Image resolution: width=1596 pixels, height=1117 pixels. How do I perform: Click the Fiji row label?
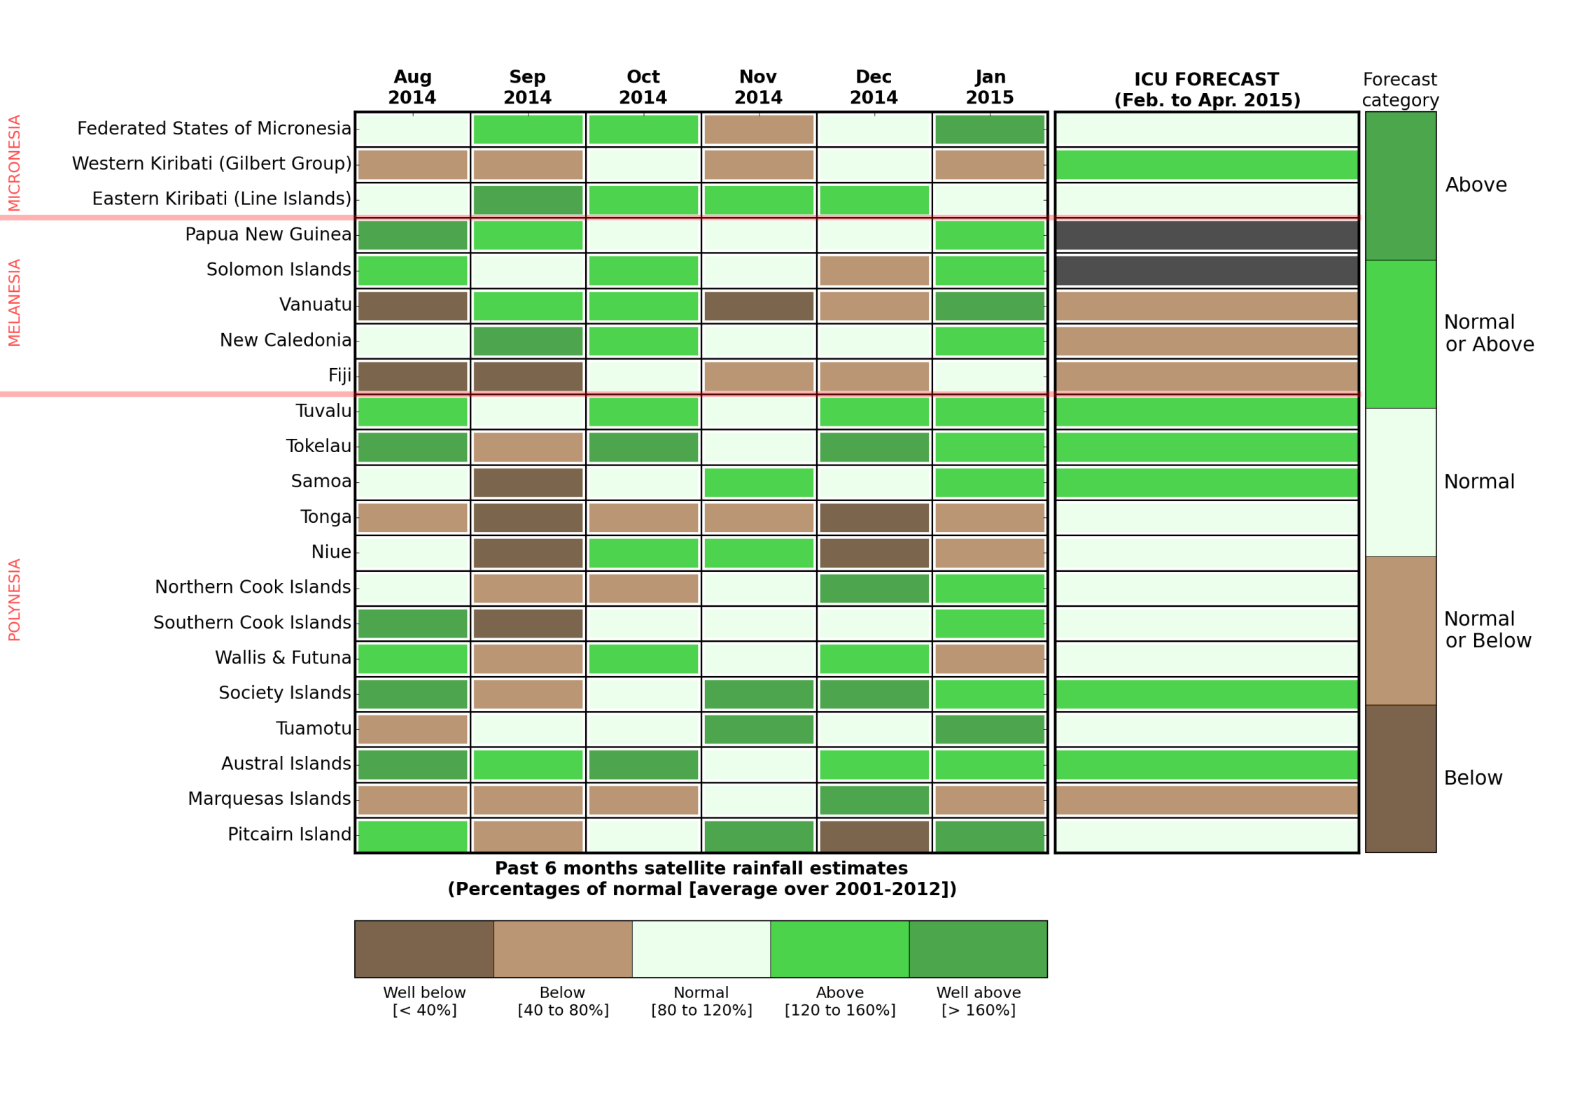coord(339,376)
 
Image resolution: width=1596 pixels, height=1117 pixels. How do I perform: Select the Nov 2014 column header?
coord(758,87)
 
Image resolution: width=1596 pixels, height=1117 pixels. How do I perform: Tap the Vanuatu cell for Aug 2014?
coord(412,307)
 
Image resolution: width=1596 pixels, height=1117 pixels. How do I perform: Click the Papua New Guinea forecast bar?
coord(1206,235)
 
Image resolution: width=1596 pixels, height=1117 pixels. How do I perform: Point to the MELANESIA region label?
coord(15,302)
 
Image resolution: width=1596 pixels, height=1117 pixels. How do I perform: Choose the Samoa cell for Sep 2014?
coord(528,483)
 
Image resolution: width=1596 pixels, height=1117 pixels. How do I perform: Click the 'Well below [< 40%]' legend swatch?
coord(423,949)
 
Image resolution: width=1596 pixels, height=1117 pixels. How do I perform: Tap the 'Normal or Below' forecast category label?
coord(1487,630)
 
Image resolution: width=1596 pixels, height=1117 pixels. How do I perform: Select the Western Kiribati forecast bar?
coord(1206,165)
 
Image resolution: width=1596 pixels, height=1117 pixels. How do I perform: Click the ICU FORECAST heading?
coord(1206,90)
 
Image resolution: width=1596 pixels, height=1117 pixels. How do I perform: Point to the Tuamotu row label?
coord(313,729)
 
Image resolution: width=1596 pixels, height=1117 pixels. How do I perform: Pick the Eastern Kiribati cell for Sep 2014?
coord(528,200)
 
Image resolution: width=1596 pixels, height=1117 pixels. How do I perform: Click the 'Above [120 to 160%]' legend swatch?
coord(839,949)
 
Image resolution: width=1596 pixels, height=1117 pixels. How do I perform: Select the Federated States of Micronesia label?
coord(213,129)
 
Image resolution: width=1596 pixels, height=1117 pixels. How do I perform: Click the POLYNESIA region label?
coord(15,600)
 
